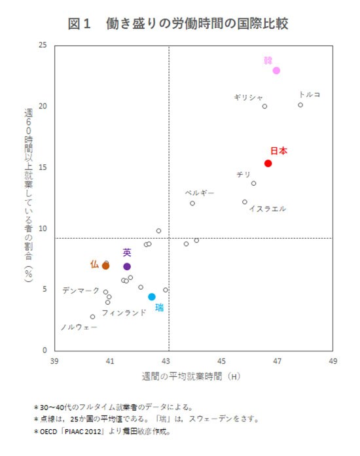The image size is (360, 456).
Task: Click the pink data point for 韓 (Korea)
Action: coord(277,70)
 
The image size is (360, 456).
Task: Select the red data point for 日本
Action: coord(268,164)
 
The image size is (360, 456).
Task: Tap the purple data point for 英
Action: coord(127,266)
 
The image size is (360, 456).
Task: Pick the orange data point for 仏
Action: coord(105,266)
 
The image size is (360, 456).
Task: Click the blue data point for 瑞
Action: coord(152,296)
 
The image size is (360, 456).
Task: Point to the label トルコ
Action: coord(309,94)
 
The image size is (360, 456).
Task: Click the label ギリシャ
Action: coord(248,97)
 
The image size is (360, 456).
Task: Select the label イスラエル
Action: coord(267,209)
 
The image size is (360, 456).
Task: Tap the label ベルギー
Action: coord(200,193)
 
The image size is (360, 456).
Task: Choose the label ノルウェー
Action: coord(79,326)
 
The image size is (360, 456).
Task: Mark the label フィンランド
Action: coord(124,313)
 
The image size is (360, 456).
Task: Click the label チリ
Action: coord(243,175)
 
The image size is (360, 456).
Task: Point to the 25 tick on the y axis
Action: coord(43,45)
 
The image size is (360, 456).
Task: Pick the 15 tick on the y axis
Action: coord(43,167)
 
